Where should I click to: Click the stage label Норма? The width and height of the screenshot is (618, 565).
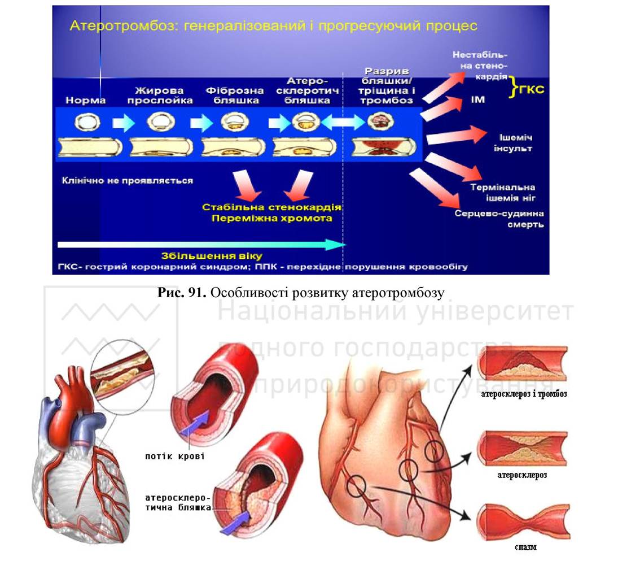[x=86, y=100]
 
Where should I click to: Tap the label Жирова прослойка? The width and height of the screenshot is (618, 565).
[x=160, y=95]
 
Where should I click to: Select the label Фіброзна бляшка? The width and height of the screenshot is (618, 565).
[x=235, y=95]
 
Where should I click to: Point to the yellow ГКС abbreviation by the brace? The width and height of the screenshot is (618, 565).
[x=532, y=89]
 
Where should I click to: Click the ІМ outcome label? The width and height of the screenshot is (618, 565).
[x=477, y=99]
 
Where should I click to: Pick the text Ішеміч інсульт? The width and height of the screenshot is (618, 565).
[x=513, y=143]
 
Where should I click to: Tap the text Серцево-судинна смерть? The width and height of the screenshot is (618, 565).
[x=499, y=219]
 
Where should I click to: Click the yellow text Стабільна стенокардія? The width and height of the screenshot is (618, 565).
[x=271, y=207]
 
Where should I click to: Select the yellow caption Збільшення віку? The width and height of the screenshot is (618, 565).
[x=212, y=256]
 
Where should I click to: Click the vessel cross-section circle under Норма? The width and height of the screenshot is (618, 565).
[x=87, y=122]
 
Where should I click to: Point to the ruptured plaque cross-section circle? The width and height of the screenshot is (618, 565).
[x=381, y=121]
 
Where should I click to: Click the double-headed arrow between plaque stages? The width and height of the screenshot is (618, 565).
[x=343, y=122]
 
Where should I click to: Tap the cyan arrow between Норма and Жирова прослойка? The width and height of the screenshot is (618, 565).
[x=124, y=123]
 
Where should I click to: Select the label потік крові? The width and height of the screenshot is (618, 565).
[x=174, y=457]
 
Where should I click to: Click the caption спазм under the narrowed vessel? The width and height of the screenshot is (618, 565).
[x=525, y=547]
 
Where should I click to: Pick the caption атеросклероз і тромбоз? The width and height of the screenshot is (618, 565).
[x=524, y=393]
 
